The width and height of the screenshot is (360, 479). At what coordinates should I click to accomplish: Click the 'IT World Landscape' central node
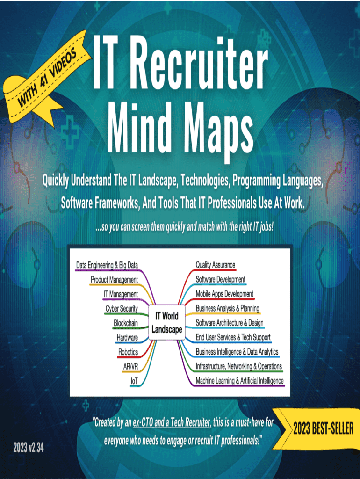click(x=166, y=323)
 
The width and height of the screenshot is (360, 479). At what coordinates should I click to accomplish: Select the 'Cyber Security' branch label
click(x=122, y=308)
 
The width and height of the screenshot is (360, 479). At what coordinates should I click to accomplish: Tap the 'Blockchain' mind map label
click(x=125, y=323)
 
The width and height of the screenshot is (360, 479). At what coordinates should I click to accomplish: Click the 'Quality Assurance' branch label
click(x=215, y=265)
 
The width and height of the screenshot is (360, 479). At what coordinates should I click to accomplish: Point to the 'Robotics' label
click(x=128, y=352)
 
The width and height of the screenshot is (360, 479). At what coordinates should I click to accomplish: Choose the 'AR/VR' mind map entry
click(x=130, y=366)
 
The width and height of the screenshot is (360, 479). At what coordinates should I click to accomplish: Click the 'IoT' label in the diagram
click(x=134, y=381)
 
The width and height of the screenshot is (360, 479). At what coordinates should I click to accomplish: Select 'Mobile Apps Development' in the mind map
click(x=224, y=294)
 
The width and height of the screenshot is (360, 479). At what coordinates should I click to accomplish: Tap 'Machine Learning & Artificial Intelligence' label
click(x=239, y=380)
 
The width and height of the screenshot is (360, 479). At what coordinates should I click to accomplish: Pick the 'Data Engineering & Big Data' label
click(x=107, y=265)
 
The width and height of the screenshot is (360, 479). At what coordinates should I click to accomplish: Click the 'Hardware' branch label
click(x=127, y=337)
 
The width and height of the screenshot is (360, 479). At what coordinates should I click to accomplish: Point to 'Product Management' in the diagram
click(x=114, y=280)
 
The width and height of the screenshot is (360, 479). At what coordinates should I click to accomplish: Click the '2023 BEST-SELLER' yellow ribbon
click(x=323, y=428)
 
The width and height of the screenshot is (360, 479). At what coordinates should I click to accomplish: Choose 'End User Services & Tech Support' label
click(x=233, y=337)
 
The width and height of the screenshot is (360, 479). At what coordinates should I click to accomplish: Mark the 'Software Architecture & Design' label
click(x=229, y=323)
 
